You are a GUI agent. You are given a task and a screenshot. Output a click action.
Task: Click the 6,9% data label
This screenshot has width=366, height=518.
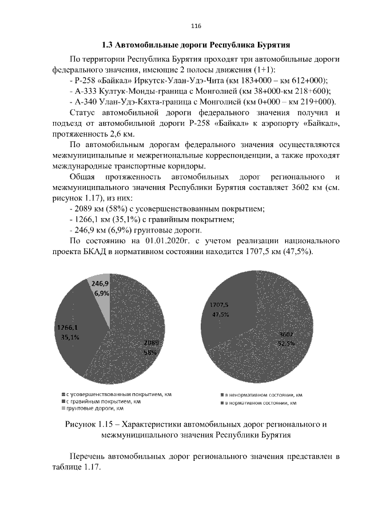pyautogui.click(x=102, y=292)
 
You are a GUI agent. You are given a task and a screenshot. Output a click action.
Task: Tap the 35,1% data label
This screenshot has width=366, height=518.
pyautogui.click(x=70, y=338)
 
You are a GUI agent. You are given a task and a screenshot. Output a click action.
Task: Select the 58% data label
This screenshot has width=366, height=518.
pyautogui.click(x=150, y=353)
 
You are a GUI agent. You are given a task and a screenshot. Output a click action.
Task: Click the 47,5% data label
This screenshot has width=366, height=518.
pyautogui.click(x=221, y=314)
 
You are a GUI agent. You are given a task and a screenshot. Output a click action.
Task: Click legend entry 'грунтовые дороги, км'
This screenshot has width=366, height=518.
pyautogui.click(x=95, y=409)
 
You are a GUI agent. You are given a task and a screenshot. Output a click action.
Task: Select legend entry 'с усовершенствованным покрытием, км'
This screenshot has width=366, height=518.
pyautogui.click(x=118, y=394)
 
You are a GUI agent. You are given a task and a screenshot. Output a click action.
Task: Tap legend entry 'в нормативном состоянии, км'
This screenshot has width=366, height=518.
pyautogui.click(x=260, y=404)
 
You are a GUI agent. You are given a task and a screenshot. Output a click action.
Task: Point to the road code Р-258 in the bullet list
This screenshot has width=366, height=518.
pyautogui.click(x=86, y=81)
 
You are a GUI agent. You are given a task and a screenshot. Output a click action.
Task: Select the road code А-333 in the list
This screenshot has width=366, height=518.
pyautogui.click(x=85, y=91)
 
